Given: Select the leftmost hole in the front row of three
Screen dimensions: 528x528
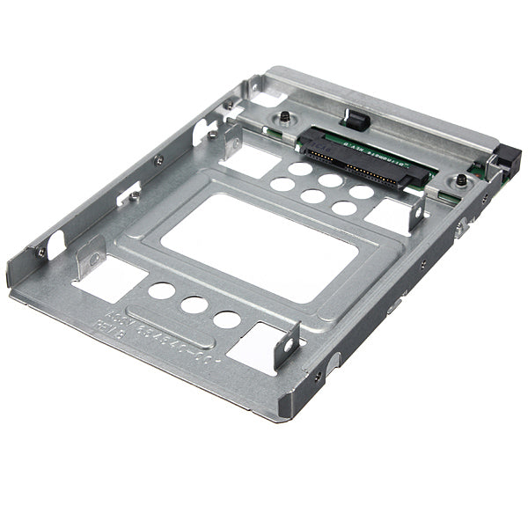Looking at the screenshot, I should pos(161,291).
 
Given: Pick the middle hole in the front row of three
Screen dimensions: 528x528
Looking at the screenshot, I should pos(194,304).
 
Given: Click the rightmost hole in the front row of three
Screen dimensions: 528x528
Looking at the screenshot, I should pos(227,319).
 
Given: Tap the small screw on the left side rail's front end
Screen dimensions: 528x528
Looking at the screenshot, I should pos(40,253).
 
